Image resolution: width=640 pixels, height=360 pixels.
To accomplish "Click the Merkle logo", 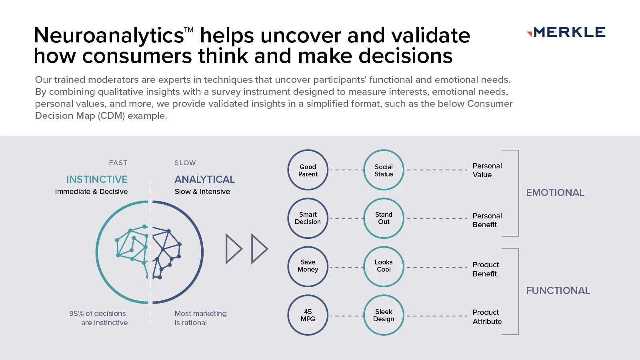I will point(566,32).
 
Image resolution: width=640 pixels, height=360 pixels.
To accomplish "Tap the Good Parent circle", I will point(308,170).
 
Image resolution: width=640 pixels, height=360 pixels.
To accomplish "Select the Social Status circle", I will point(384,170).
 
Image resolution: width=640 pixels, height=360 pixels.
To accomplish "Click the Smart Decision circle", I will point(308,218).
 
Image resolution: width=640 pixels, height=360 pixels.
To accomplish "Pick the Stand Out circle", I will point(384,218).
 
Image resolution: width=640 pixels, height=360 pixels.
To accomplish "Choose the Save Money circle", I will point(308,266).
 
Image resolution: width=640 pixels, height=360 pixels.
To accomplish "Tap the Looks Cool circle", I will point(384,266).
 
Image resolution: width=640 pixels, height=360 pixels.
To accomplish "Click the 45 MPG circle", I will point(308,315).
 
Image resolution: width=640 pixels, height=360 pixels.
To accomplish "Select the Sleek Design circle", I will point(384,315).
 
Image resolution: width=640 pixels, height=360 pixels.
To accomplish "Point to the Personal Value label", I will point(487,170).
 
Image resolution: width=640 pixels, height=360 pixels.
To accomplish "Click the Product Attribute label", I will point(487,317).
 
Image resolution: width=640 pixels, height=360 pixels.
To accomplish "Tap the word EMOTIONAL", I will point(555,193).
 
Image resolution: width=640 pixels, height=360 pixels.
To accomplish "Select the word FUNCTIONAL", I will point(558,291).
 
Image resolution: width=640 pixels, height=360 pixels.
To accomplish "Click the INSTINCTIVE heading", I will point(97,179).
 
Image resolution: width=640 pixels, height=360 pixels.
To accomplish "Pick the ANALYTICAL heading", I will point(204,179).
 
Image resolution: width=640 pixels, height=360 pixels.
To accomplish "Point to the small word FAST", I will point(118,163).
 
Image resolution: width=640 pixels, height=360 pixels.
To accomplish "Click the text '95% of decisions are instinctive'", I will point(98,318).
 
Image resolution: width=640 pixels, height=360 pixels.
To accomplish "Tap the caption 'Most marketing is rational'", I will point(200,318).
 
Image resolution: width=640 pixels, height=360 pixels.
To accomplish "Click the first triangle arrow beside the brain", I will point(234,249).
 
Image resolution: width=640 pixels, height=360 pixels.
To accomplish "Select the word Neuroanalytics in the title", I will point(109,36).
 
